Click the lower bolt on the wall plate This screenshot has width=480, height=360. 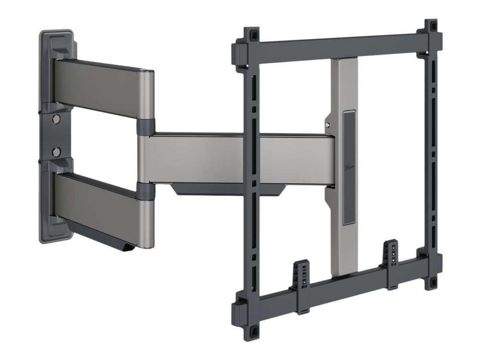pyautogui.click(x=56, y=152)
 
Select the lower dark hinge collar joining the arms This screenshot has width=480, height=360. pyautogui.click(x=145, y=190)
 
